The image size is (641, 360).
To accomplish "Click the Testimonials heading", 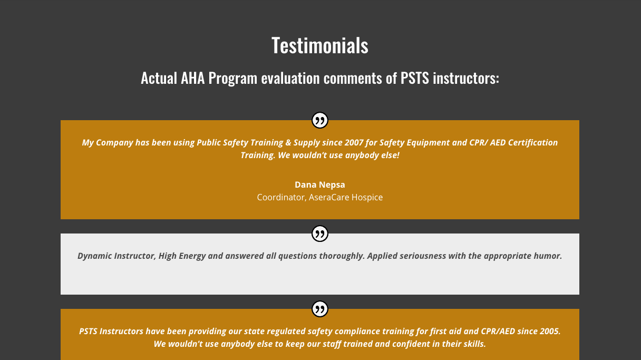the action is click(319, 45).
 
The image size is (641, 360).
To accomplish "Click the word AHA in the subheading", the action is click(192, 78).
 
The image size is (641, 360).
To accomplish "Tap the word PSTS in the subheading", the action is click(415, 78).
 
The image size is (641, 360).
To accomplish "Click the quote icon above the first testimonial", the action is click(319, 120).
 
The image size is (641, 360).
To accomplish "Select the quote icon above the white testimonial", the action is click(319, 233).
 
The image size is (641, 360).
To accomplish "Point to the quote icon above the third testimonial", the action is click(319, 309).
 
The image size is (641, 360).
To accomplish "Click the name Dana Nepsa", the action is click(319, 184).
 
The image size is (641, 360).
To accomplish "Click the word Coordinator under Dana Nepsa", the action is click(281, 197).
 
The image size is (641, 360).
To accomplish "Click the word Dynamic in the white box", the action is click(94, 256).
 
